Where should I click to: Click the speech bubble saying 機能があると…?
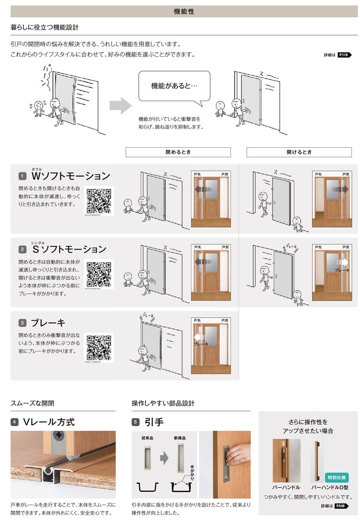pyautogui.click(x=174, y=86)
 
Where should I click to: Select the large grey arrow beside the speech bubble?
pyautogui.click(x=120, y=105)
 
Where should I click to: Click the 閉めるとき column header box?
pyautogui.click(x=178, y=152)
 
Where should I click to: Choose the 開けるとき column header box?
pyautogui.click(x=299, y=152)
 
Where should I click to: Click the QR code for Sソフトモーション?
pyautogui.click(x=99, y=275)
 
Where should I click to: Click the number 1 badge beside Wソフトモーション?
pyautogui.click(x=22, y=177)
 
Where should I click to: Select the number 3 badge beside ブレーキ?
pyautogui.click(x=22, y=323)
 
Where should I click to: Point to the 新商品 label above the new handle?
pyautogui.click(x=180, y=438)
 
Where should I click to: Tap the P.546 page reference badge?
pyautogui.click(x=341, y=506)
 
